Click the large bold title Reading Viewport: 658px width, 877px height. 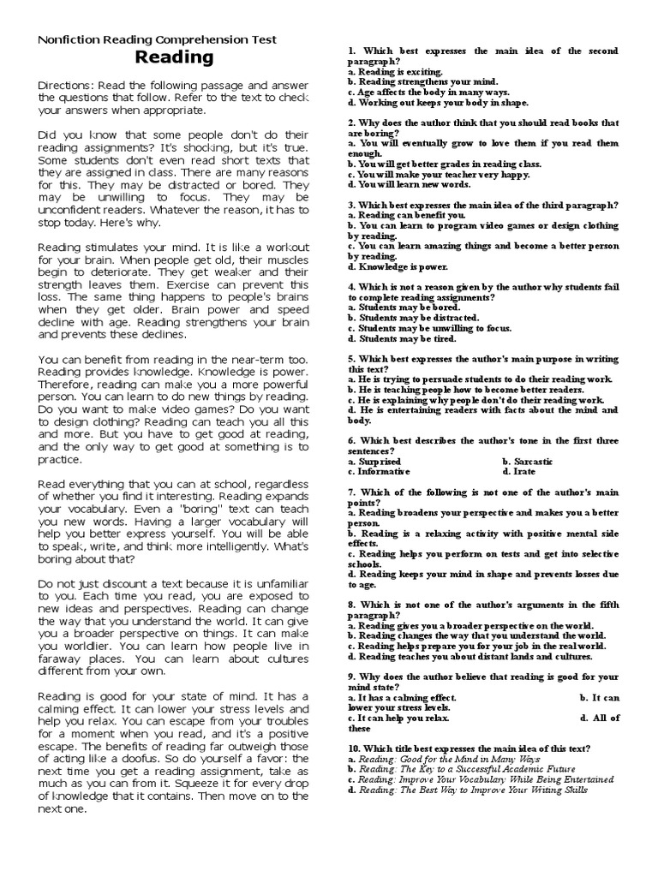[174, 58]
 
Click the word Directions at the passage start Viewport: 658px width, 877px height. [67, 87]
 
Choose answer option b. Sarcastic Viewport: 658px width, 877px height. [528, 461]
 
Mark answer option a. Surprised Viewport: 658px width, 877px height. [374, 461]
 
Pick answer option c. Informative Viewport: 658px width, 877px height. [380, 471]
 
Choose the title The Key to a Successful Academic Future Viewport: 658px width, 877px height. [462, 769]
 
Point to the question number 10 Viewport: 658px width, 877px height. [355, 749]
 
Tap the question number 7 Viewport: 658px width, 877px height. [352, 492]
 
